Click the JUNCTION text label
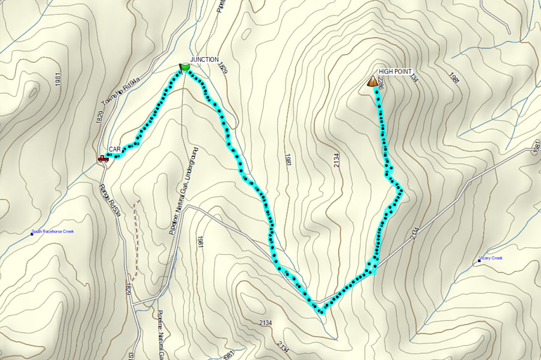pyautogui.click(x=204, y=59)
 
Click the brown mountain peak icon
pyautogui.click(x=372, y=81)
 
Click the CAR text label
pyautogui.click(x=115, y=148)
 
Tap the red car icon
pyautogui.click(x=103, y=159)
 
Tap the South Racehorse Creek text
pyautogui.click(x=53, y=231)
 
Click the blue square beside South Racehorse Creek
pyautogui.click(x=32, y=233)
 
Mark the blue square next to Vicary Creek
pyautogui.click(x=479, y=260)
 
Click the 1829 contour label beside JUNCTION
pyautogui.click(x=223, y=67)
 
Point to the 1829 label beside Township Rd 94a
pyautogui.click(x=100, y=117)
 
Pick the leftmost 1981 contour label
pyautogui.click(x=58, y=82)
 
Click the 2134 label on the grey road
pyautogui.click(x=414, y=234)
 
